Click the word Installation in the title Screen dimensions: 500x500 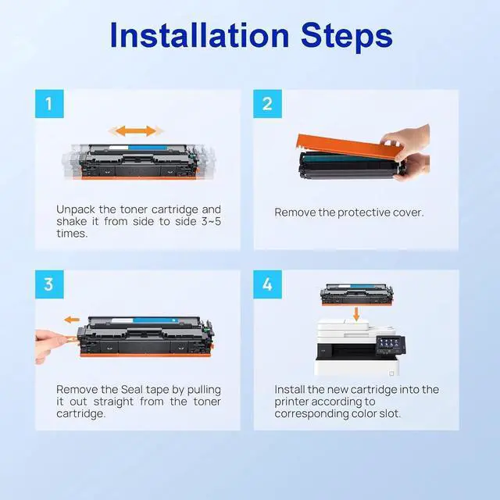coord(199,35)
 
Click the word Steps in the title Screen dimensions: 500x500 coord(346,37)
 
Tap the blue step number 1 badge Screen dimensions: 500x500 coord(49,104)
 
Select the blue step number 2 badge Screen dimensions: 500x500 coord(267,104)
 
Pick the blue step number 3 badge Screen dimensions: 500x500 coord(49,284)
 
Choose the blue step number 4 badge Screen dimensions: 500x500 coord(267,284)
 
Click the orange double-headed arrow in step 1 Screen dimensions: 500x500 coord(136,130)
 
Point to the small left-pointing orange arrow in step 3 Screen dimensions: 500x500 coord(72,320)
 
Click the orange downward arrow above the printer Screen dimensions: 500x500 coord(356,313)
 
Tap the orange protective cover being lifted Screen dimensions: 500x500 coord(348,147)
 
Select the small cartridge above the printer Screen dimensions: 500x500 coord(356,295)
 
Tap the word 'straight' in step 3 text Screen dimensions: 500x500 coord(113,402)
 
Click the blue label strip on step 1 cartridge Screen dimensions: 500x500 coord(148,148)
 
